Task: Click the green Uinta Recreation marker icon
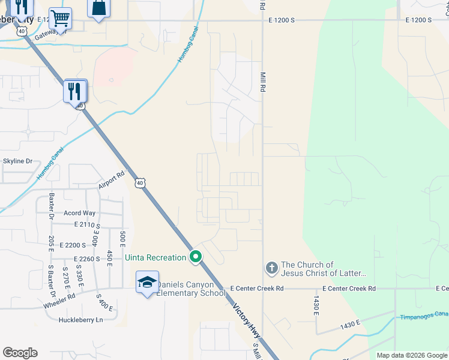195,257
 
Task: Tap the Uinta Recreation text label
156,257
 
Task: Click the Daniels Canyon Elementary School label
191,289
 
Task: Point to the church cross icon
271,268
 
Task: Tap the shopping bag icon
98,9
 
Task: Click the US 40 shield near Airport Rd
139,182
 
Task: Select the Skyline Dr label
17,161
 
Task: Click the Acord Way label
80,213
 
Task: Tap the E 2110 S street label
88,224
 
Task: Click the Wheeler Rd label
59,296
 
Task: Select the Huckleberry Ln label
81,320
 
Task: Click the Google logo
20,353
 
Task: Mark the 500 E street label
122,238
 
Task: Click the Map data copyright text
412,355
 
